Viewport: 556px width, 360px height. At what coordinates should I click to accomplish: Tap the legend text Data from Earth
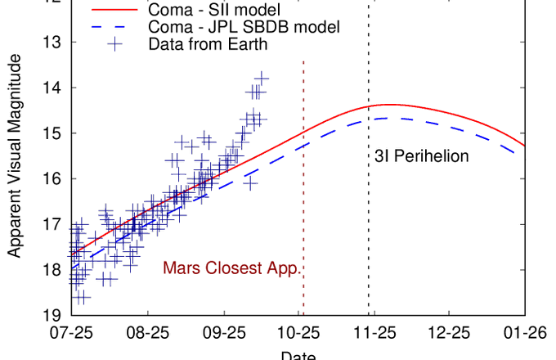[208, 44]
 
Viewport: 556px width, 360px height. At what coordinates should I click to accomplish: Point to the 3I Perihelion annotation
[421, 155]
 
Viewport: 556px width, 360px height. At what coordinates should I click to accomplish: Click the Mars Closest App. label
[233, 268]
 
